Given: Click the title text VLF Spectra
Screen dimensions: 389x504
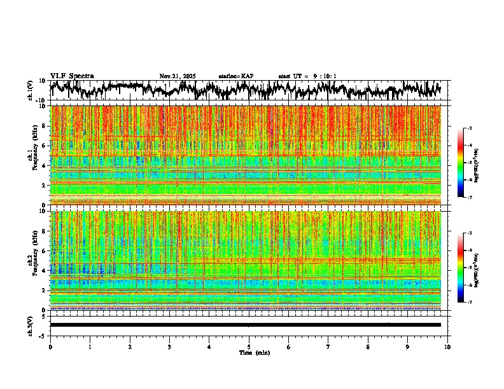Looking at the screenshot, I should point(72,76).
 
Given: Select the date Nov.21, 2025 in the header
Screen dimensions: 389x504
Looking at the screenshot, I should point(178,76).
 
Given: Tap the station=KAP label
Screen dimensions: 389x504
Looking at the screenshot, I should point(236,76).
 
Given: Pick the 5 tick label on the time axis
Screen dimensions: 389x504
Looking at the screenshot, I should point(249,347).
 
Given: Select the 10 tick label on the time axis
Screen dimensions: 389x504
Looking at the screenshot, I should point(447,347).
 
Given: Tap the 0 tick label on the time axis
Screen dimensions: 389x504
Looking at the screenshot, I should point(50,347).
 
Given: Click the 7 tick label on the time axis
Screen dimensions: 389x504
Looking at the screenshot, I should point(328,347).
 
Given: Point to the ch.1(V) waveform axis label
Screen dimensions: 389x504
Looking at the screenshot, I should point(30,90).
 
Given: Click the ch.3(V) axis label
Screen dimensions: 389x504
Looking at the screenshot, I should point(30,325).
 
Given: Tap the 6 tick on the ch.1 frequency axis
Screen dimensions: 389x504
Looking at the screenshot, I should point(43,146).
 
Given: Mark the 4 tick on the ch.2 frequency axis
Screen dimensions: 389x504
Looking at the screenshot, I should point(43,271).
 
